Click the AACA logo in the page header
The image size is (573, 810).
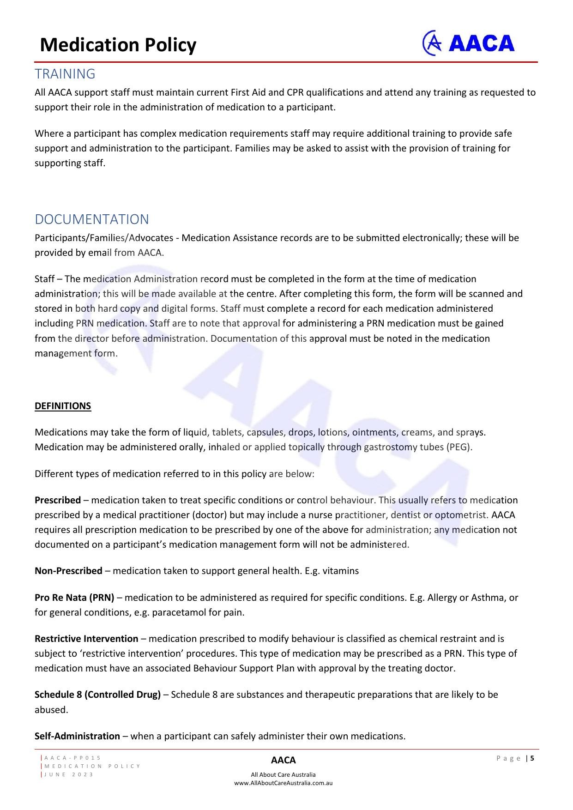click(468, 43)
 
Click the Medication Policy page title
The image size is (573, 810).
click(118, 45)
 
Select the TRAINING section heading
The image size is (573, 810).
click(65, 74)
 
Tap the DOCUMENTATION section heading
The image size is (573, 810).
click(92, 219)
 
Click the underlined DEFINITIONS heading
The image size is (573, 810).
click(63, 406)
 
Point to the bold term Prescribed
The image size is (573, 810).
click(58, 500)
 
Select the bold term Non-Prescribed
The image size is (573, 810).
click(68, 571)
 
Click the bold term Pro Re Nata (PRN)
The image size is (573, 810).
click(74, 598)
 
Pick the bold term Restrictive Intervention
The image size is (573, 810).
click(86, 639)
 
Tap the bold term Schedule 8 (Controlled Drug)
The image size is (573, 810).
click(98, 695)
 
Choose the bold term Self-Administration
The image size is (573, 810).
click(77, 736)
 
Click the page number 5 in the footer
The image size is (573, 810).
click(532, 758)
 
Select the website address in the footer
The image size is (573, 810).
click(283, 783)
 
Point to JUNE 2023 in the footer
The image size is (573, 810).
click(69, 774)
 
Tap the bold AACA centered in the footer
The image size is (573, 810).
click(283, 760)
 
